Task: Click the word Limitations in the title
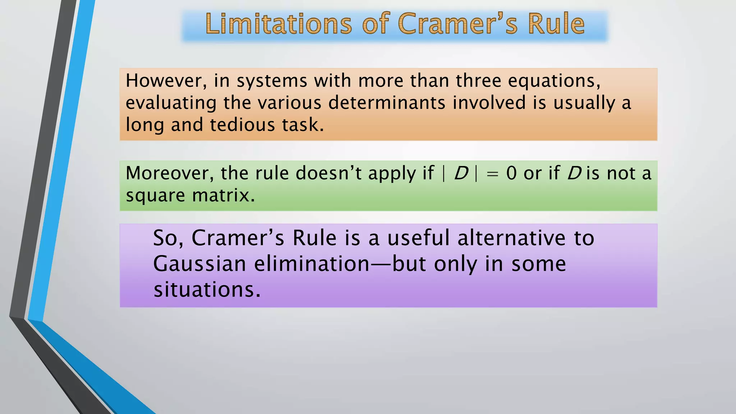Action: (279, 24)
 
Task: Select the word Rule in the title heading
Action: (556, 24)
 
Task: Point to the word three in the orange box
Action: (478, 80)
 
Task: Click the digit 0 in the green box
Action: (511, 173)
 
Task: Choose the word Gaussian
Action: (199, 264)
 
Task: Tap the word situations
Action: (207, 290)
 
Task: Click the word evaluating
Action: (171, 103)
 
